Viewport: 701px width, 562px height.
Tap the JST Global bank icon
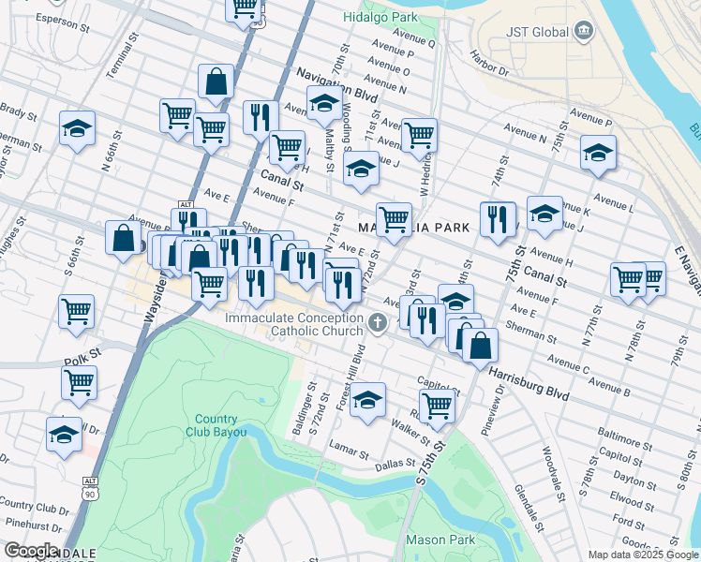pyautogui.click(x=584, y=31)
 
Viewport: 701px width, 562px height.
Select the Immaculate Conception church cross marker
pyautogui.click(x=377, y=324)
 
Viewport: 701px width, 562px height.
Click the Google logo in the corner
pyautogui.click(x=31, y=551)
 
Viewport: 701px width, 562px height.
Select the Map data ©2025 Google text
pyautogui.click(x=643, y=555)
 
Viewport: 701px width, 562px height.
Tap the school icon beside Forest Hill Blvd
pyautogui.click(x=368, y=398)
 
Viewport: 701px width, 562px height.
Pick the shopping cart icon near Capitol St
pyautogui.click(x=437, y=405)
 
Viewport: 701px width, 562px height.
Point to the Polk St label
pyautogui.click(x=81, y=359)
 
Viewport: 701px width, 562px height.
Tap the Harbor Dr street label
pyautogui.click(x=489, y=63)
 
